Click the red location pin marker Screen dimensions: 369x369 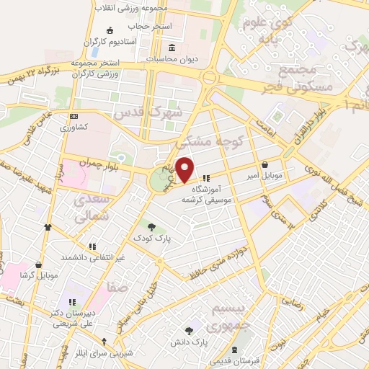pos(185,169)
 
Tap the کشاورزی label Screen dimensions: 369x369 pos(74,127)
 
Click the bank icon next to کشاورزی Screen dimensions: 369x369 pos(74,116)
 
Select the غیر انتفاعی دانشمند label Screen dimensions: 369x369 pos(93,257)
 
